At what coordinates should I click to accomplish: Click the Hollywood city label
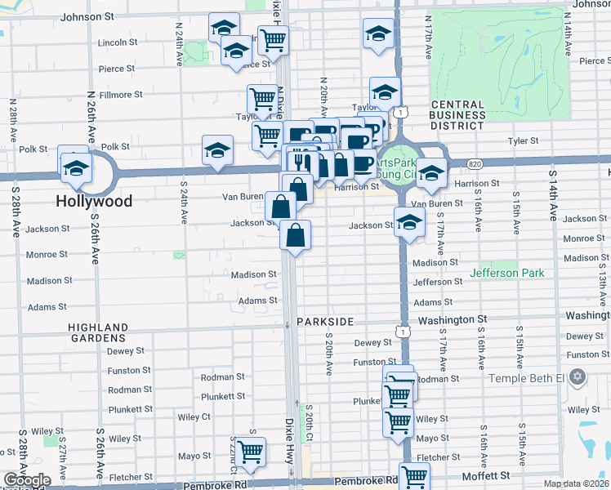[x=94, y=200]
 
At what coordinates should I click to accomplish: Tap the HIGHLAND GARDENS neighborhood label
[x=97, y=332]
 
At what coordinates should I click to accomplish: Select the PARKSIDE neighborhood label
[x=325, y=322]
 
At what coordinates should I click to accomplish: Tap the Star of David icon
[x=578, y=377]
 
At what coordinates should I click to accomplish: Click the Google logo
[x=27, y=480]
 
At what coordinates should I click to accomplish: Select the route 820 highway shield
[x=475, y=164]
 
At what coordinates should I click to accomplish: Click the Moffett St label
[x=487, y=474]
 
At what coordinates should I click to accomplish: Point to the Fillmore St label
[x=121, y=95]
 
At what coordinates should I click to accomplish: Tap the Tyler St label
[x=524, y=141]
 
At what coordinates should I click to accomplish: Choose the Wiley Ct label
[x=194, y=416]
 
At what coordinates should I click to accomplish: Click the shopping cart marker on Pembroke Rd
[x=414, y=475]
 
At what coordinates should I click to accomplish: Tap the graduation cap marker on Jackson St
[x=408, y=220]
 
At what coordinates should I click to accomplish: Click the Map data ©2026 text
[x=576, y=483]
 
